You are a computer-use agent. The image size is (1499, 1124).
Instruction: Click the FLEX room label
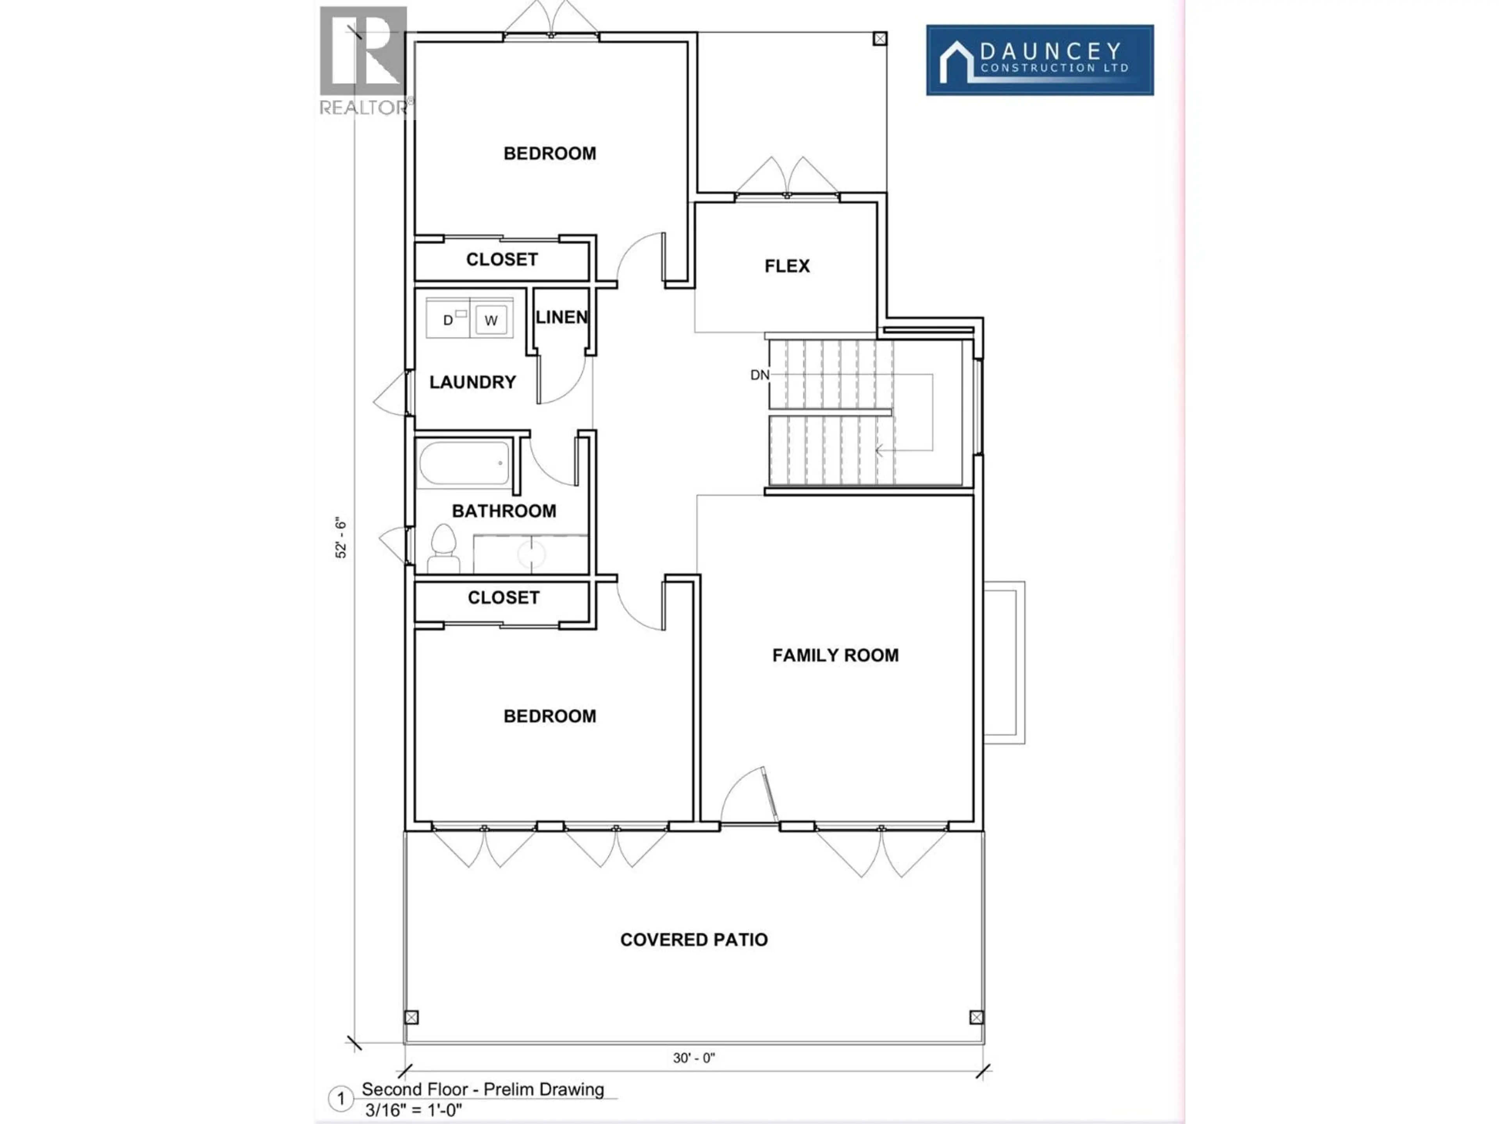[x=787, y=266]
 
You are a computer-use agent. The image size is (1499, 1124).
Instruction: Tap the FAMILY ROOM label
[x=835, y=655]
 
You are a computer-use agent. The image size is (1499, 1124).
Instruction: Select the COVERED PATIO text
[x=694, y=940]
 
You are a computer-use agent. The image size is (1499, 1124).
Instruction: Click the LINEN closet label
[x=561, y=317]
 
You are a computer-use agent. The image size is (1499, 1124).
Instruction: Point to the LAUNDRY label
[x=472, y=382]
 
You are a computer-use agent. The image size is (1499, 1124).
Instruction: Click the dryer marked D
[x=448, y=320]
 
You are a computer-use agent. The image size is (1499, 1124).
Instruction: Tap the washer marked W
[x=491, y=320]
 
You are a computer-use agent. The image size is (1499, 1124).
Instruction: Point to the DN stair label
[x=760, y=375]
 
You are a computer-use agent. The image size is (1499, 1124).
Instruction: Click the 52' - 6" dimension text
[x=341, y=539]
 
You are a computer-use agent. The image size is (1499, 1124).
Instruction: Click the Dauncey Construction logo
[x=1040, y=60]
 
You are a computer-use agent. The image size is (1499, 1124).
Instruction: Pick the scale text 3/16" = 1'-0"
[x=413, y=1110]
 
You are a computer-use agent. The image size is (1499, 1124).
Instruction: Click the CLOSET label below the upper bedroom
[x=502, y=260]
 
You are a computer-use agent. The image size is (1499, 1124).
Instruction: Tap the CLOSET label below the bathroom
[x=504, y=598]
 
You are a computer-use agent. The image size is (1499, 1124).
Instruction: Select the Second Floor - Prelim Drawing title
[x=482, y=1089]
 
